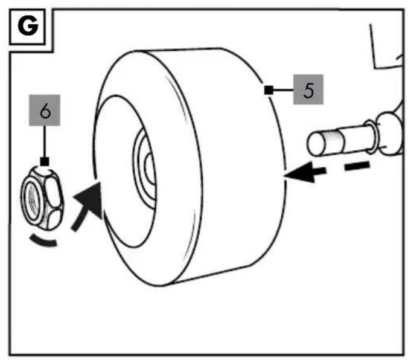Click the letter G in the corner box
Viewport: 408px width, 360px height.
tap(28, 25)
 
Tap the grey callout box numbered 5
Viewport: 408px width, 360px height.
tap(308, 89)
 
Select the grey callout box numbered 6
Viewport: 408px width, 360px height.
tap(45, 110)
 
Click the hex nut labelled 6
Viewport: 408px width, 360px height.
tap(42, 199)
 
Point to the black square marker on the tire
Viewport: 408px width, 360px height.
tap(269, 90)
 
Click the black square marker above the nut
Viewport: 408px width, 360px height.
tap(45, 162)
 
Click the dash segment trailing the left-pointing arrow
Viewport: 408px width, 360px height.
tap(357, 166)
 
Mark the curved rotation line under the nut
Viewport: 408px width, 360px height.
tap(43, 241)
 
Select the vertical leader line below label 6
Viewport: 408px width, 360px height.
tap(45, 141)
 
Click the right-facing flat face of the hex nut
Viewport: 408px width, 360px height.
tap(53, 191)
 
